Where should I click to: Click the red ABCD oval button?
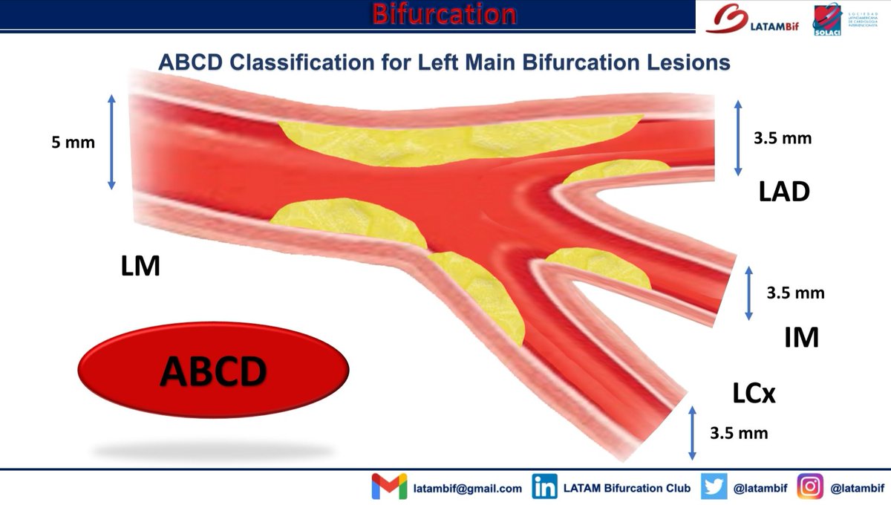click(x=213, y=370)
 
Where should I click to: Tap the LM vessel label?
click(x=140, y=266)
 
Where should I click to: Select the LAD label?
click(x=783, y=192)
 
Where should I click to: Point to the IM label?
click(x=802, y=338)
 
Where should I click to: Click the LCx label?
click(x=753, y=394)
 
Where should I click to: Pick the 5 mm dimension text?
click(x=73, y=142)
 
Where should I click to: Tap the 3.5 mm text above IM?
click(x=795, y=293)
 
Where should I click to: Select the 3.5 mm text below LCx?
click(x=739, y=432)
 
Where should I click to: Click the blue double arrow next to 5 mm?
click(x=111, y=141)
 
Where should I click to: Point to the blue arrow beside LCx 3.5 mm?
click(x=693, y=432)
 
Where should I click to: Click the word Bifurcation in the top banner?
click(x=444, y=14)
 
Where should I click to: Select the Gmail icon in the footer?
click(x=389, y=487)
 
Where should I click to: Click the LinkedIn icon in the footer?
click(x=546, y=487)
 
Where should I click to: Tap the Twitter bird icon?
click(x=715, y=487)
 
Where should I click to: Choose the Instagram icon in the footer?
click(x=811, y=487)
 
